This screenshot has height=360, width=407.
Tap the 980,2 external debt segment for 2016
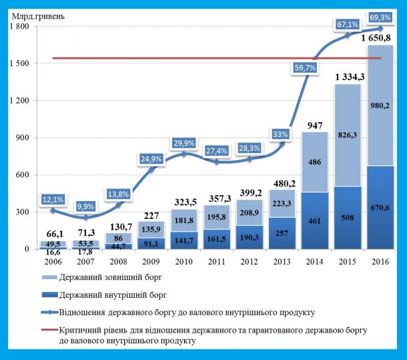382,105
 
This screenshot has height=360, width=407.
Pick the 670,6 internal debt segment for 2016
382,207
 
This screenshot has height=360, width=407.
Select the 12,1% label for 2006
53,200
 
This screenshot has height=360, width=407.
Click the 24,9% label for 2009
153,158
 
